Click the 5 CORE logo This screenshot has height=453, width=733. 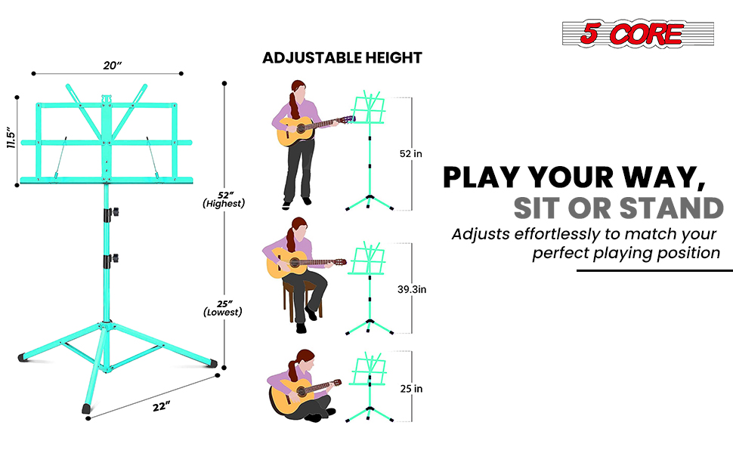[638, 33]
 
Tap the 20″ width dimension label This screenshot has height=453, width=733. [112, 66]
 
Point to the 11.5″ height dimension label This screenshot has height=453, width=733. [11, 137]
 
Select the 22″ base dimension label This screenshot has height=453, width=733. [160, 407]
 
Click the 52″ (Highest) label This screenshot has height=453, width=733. [224, 199]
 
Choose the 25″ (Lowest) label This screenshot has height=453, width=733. [223, 308]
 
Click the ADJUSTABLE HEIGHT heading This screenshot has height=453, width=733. [342, 58]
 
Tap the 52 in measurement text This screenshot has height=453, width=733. [410, 154]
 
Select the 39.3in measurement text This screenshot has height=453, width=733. [412, 290]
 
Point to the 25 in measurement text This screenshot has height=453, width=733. [411, 389]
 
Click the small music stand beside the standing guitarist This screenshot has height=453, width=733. [370, 151]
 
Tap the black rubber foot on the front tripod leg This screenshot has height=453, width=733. [86, 409]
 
